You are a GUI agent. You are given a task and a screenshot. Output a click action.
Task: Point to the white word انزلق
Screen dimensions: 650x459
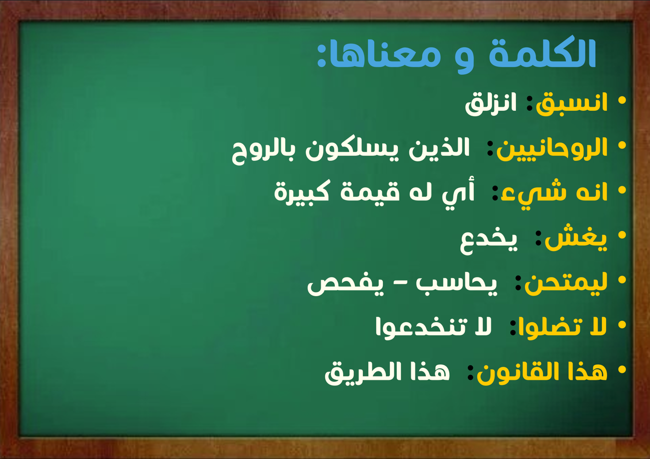pos(491,104)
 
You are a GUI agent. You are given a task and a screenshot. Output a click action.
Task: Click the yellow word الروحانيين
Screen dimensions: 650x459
pos(552,149)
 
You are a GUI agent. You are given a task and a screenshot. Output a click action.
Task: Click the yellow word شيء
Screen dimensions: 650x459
pos(533,194)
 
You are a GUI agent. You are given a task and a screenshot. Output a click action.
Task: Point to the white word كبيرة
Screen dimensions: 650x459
pos(302,193)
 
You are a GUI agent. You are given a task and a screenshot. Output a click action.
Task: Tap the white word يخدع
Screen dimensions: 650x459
pos(489,242)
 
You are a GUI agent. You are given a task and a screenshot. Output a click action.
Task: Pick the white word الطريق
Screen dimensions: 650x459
pos(363,373)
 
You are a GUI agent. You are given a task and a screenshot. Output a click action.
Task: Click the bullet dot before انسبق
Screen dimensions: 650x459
pos(622,100)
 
